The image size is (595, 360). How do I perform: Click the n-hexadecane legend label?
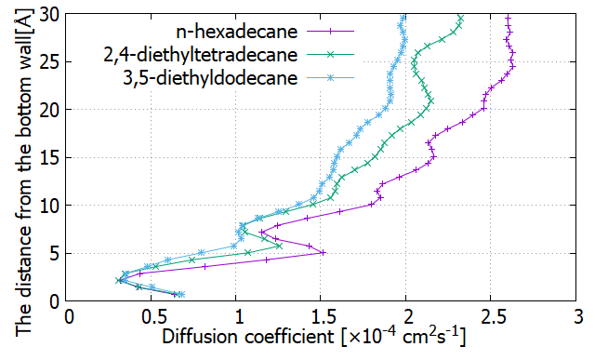(x=236, y=31)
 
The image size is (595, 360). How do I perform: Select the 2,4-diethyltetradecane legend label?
(x=201, y=55)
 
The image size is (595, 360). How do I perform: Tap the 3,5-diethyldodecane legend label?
(x=210, y=78)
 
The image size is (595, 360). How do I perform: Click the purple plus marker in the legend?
(x=330, y=32)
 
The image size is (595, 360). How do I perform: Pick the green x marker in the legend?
(x=330, y=55)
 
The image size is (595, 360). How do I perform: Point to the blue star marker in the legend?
(x=330, y=78)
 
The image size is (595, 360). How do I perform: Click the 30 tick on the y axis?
(x=49, y=15)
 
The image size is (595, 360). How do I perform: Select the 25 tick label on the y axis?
(x=49, y=62)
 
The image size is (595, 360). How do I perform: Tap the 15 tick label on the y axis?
(x=49, y=157)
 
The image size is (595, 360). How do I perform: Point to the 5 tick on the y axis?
(x=55, y=253)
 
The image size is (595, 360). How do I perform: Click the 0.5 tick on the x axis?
(x=151, y=317)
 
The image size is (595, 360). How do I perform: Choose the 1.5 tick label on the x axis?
(x=321, y=317)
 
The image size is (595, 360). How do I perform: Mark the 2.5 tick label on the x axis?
(x=490, y=317)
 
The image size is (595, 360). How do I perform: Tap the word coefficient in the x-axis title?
(x=289, y=337)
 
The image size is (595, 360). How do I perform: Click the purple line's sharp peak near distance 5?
(x=324, y=252)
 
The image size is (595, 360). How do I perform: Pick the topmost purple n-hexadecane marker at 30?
(x=509, y=18)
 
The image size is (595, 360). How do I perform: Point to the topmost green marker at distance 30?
(x=461, y=18)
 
